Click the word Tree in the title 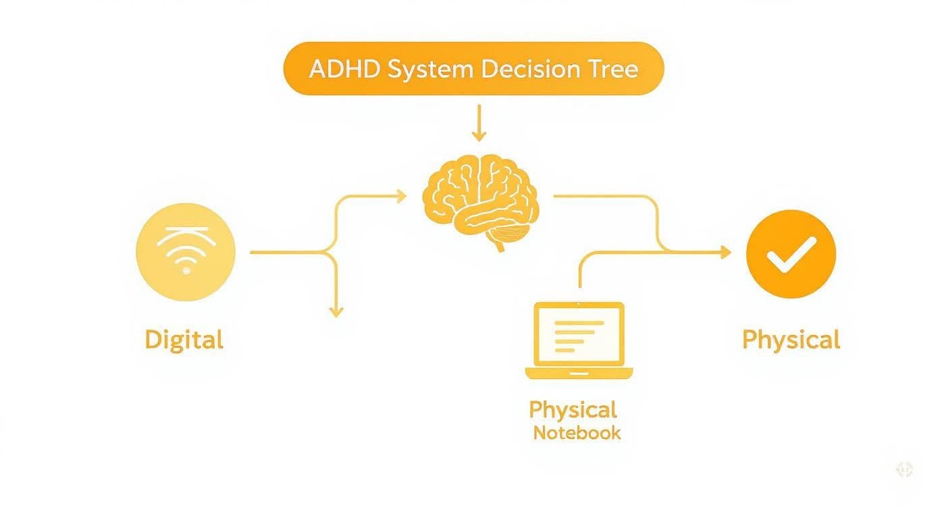615,69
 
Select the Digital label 184,339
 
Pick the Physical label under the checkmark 791,339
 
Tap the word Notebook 577,433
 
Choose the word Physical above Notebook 573,409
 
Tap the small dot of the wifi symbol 186,270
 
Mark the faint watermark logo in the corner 904,470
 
